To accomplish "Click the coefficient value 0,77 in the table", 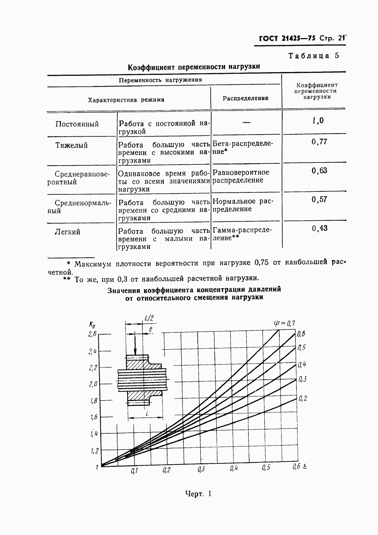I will click(x=319, y=142).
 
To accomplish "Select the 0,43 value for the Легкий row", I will click(x=319, y=228).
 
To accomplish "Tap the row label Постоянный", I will click(x=77, y=124).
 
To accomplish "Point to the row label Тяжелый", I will click(x=72, y=145).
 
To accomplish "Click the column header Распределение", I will click(x=245, y=98).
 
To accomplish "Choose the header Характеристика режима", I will click(x=126, y=100).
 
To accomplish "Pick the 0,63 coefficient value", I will click(x=319, y=170).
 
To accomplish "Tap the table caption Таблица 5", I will click(x=314, y=56).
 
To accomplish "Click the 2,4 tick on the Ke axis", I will click(x=92, y=351).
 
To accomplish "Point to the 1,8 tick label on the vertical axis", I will click(x=93, y=401).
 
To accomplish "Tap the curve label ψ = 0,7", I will click(x=284, y=323).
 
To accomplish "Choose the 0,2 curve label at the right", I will click(x=303, y=398).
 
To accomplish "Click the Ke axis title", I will click(x=92, y=325).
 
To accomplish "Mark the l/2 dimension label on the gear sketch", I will click(x=149, y=318).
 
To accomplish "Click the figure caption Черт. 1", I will click(x=198, y=494).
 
